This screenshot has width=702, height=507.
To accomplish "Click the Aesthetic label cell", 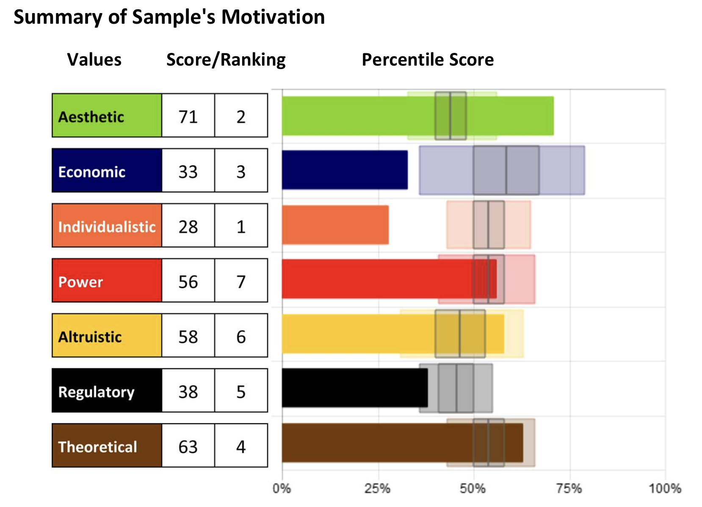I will point(107,116).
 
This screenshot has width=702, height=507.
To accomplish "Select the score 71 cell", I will point(188,116).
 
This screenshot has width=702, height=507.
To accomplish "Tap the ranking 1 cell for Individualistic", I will point(241,226).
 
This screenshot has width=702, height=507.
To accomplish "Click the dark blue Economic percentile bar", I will point(345,170).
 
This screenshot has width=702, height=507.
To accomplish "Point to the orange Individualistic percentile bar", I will point(335,225).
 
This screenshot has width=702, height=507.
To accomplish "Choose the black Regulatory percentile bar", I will point(354,388).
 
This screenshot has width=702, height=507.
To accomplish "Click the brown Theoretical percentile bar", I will point(402,443).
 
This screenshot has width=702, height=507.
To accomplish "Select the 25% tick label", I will point(377,489).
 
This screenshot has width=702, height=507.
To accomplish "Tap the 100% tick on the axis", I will point(665,489).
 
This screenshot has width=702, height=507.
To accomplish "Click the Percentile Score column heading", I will point(428,60).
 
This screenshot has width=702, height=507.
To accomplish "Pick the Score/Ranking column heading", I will point(226,60).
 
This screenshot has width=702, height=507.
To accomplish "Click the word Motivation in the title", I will point(273,17).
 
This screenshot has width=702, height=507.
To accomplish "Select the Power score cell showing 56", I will point(188,281).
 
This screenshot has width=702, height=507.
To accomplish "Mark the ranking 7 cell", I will point(241,281).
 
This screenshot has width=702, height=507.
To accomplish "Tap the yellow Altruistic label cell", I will point(107,336).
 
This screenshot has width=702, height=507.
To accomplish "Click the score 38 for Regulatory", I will point(188,391).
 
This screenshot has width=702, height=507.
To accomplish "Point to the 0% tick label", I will point(282,489).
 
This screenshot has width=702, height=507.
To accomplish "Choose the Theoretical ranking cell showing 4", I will point(241,446).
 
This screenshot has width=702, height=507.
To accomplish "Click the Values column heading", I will point(94,60).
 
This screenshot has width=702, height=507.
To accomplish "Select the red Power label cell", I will point(107,281).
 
